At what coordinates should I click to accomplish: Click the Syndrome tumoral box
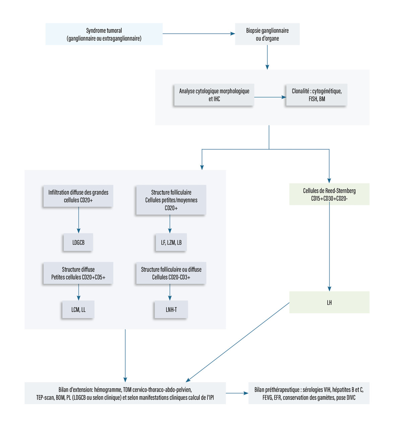104,34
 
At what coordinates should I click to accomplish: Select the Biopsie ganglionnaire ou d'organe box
267,34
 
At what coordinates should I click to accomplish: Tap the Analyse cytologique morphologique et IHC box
214,95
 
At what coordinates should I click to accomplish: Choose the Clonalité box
317,95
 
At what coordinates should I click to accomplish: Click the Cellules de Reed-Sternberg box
329,194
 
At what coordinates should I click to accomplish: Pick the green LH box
329,302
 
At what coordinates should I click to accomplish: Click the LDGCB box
78,242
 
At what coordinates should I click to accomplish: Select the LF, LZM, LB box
171,242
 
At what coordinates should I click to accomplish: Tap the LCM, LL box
78,309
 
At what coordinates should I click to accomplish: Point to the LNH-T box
171,309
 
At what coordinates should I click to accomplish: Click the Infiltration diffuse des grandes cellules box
78,196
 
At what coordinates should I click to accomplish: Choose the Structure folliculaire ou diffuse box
171,273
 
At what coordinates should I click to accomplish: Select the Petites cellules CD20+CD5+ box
78,273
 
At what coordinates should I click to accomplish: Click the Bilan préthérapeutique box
309,393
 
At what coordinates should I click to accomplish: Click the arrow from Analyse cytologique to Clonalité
270,97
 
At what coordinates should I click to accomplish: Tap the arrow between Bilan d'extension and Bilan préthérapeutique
237,393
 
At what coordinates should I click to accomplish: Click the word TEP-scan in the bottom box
45,398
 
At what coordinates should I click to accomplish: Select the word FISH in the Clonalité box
313,99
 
